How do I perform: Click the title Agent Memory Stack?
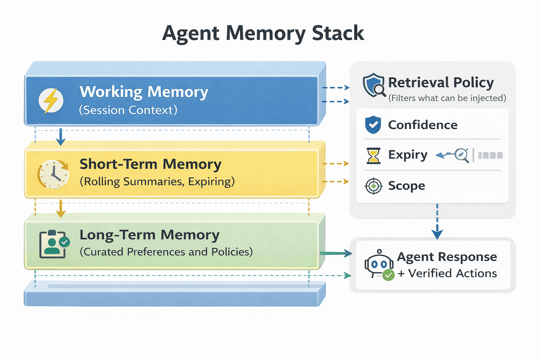[263, 33]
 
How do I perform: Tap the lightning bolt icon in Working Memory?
[51, 101]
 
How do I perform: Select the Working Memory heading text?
[144, 92]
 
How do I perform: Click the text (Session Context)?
[128, 110]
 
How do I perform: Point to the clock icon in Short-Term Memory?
[53, 174]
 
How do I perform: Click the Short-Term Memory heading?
[150, 164]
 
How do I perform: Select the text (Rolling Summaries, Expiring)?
[157, 181]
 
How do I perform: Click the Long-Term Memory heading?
[149, 235]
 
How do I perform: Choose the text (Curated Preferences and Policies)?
[166, 252]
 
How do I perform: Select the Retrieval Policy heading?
[441, 83]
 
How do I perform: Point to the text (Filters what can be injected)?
[447, 98]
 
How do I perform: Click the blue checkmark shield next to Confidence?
[373, 125]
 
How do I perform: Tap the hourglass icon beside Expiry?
[373, 156]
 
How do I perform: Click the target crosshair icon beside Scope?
[373, 186]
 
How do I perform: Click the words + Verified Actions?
[447, 274]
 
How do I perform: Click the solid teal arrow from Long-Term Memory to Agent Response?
[336, 253]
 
